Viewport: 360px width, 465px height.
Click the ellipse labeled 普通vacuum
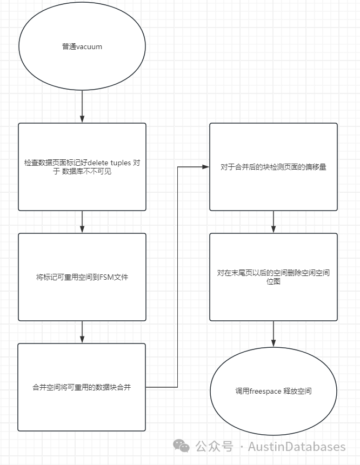click(82, 46)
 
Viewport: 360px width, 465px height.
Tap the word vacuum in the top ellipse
click(89, 47)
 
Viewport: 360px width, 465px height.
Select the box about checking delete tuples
click(82, 166)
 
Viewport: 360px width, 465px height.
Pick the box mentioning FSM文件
click(82, 277)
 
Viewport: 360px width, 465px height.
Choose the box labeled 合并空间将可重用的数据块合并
click(82, 387)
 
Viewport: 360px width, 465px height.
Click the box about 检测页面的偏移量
click(274, 166)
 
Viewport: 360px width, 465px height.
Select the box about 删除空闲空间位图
click(274, 277)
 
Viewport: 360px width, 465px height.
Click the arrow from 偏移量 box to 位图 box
click(274, 221)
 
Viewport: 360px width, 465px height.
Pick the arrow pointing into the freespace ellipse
click(274, 335)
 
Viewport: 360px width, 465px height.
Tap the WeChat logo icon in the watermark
click(182, 446)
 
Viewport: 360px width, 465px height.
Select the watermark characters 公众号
click(214, 447)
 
